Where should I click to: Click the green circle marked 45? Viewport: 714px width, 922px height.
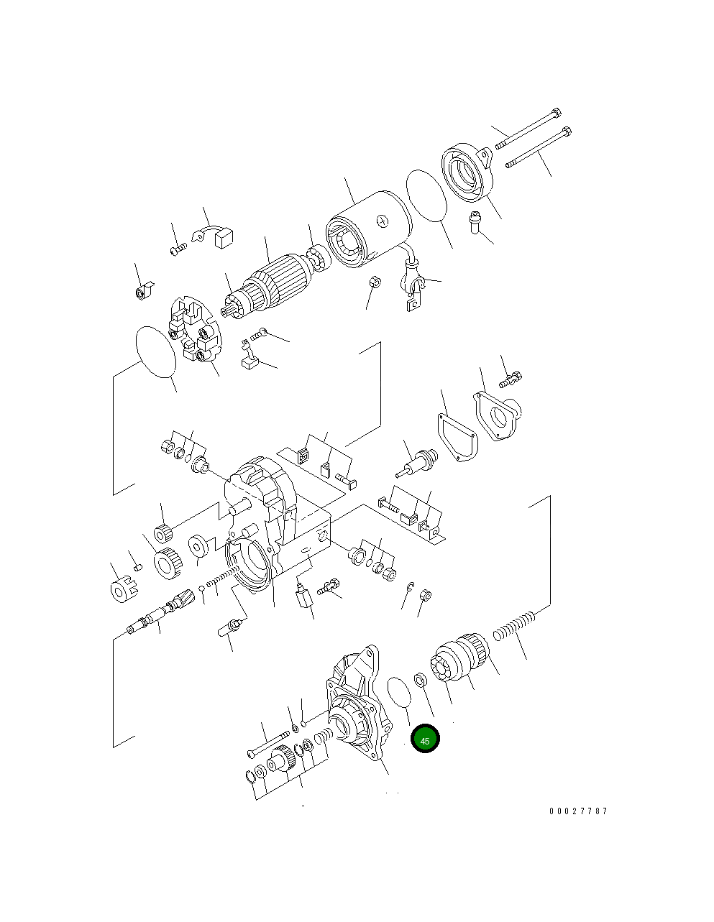[x=425, y=739]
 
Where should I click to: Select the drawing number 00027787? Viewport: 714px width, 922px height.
[x=578, y=811]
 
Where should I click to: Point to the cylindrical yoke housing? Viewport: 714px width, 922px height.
[x=367, y=229]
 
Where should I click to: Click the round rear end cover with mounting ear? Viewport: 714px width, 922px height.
[x=468, y=172]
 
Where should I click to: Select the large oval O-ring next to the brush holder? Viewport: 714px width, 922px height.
[x=155, y=351]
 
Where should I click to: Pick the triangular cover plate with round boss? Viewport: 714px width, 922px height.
[x=498, y=416]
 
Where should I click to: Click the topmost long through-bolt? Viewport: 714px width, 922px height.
[x=528, y=129]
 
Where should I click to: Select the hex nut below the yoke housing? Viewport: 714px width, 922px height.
[x=374, y=281]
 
